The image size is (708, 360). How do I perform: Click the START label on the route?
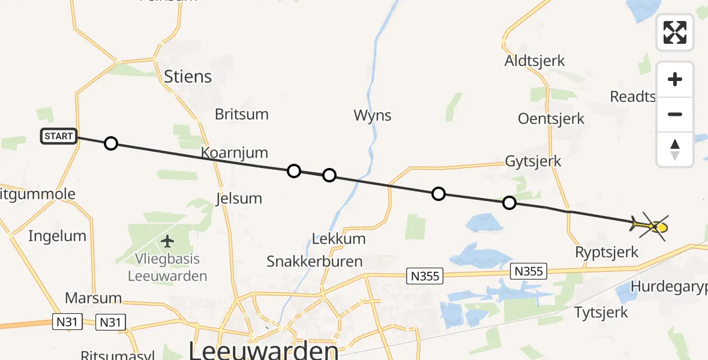tap(58, 136)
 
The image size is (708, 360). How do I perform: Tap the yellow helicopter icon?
tap(651, 226)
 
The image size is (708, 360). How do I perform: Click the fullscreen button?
tap(675, 32)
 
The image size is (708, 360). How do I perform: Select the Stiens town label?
tap(188, 76)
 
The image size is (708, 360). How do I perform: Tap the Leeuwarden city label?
tap(263, 350)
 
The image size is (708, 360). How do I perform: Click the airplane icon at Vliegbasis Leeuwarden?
tap(167, 241)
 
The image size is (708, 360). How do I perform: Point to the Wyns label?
tap(373, 115)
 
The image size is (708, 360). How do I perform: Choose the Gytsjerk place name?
tap(533, 161)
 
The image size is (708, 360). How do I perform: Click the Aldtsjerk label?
tap(535, 61)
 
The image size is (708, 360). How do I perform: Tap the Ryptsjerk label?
tap(607, 252)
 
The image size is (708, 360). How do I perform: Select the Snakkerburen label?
tap(314, 261)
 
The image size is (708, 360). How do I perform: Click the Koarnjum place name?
tap(234, 152)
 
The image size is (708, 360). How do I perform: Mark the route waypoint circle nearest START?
tap(110, 143)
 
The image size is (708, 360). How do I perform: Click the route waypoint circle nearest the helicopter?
tap(509, 203)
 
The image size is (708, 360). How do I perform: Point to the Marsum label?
tap(93, 298)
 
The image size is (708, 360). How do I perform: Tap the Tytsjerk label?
tap(601, 312)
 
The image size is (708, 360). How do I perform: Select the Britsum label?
tap(242, 114)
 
